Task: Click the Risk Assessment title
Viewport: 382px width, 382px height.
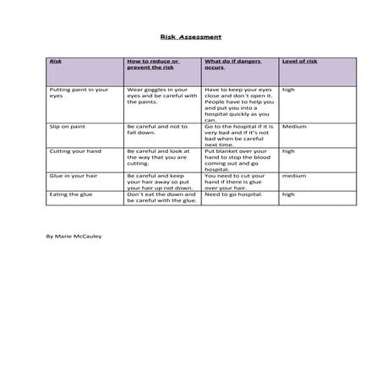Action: [190, 37]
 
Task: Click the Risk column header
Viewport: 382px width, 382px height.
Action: [56, 62]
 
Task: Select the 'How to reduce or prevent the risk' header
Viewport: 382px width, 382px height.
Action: [152, 64]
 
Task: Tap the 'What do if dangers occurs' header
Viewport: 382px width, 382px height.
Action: [229, 64]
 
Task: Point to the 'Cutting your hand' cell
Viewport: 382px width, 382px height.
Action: [69, 151]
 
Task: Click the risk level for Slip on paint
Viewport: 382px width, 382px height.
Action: [293, 127]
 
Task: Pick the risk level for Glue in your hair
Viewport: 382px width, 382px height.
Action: [293, 176]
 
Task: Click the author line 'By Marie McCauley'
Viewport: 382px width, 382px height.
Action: [74, 236]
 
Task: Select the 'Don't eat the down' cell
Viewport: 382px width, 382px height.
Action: [161, 198]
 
